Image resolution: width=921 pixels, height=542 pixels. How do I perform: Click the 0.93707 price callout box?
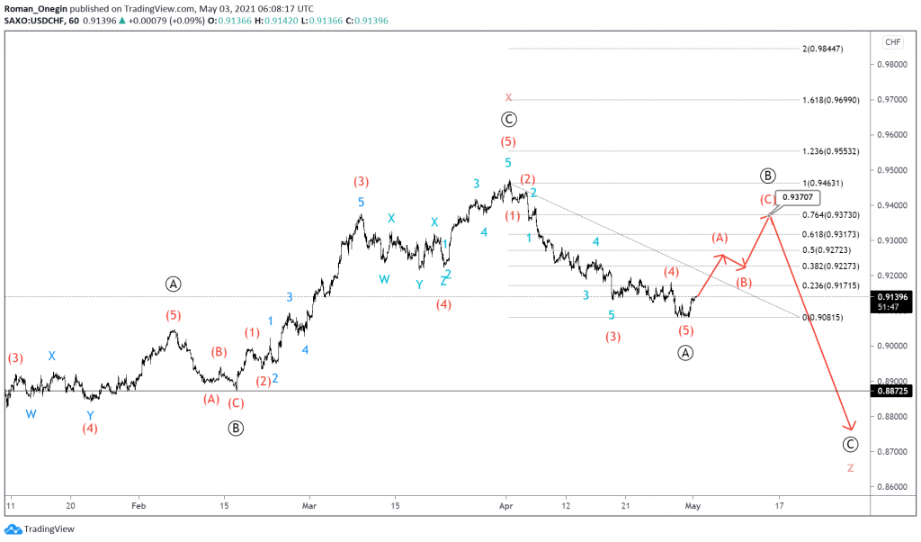pos(799,196)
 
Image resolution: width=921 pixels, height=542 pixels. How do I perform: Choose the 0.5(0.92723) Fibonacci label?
pos(823,249)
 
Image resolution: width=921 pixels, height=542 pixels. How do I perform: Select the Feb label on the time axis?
pos(136,506)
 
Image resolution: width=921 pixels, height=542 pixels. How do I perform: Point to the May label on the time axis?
pos(691,506)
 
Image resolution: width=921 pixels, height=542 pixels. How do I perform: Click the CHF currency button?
pos(893,42)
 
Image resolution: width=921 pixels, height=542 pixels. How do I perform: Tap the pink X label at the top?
pos(508,97)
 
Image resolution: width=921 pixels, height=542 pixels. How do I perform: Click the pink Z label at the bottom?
pos(851,468)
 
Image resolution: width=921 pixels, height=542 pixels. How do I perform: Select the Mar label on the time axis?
pos(309,506)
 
